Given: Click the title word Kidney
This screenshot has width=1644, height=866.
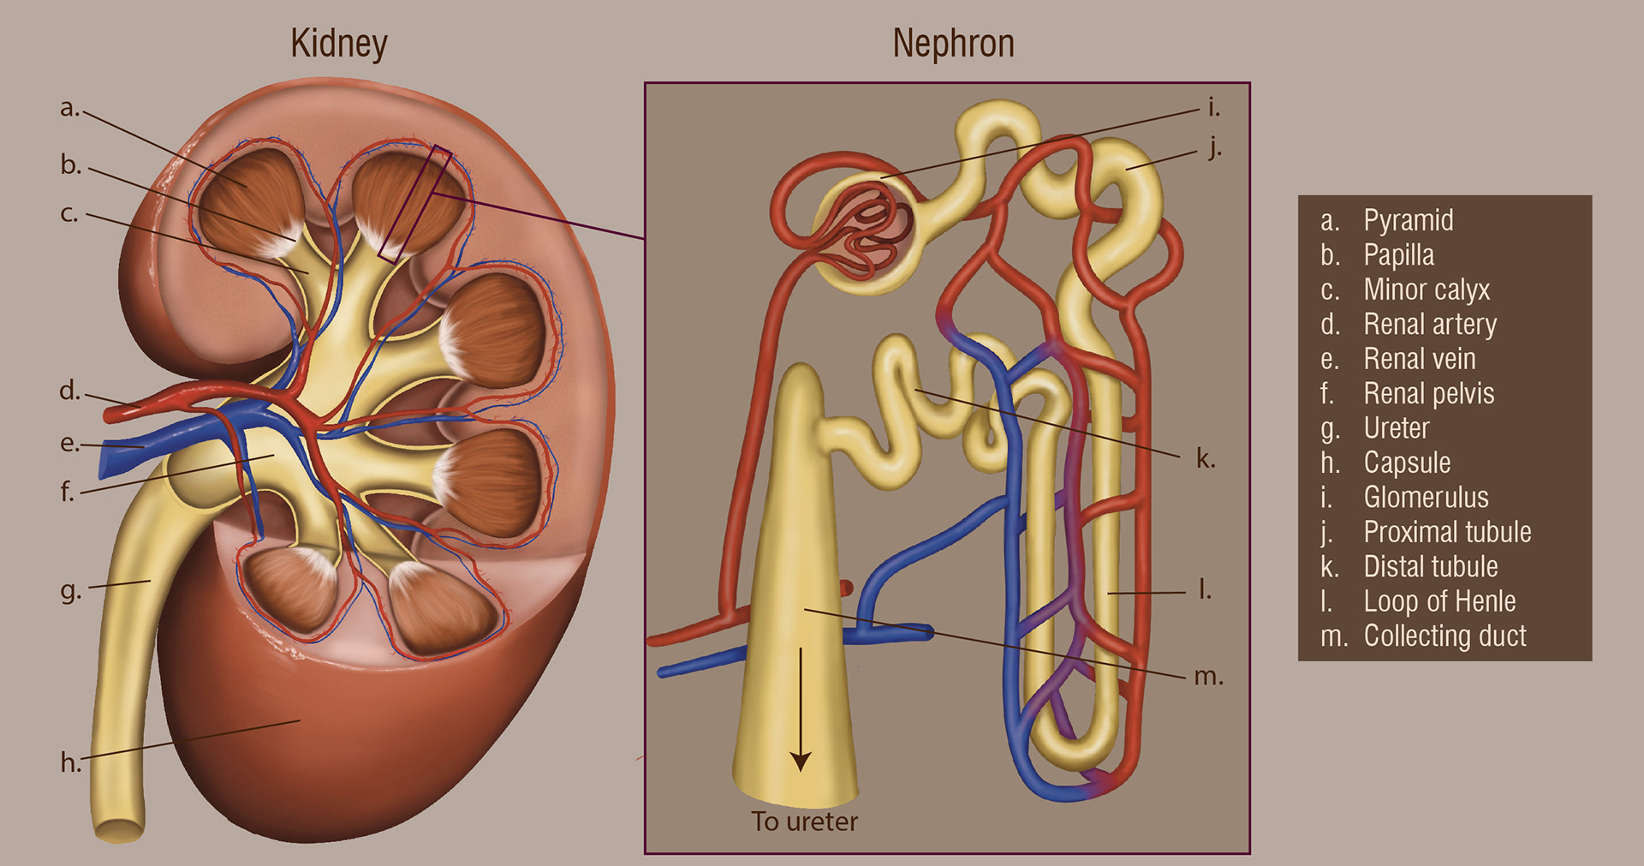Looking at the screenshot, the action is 338,44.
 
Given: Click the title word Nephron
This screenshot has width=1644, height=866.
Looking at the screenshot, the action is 953,44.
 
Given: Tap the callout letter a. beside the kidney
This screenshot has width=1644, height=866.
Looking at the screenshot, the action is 68,109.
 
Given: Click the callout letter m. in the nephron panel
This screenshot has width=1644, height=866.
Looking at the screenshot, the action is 1208,677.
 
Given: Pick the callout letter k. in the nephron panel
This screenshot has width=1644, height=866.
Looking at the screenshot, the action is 1206,459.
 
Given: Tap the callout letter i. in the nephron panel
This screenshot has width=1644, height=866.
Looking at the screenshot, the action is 1213,108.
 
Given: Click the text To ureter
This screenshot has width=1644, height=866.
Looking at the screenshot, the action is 804,821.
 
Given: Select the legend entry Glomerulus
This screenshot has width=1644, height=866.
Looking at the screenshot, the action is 1426,498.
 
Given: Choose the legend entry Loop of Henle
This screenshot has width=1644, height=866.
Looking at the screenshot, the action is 1439,601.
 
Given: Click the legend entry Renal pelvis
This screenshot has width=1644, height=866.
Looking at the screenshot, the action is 1428,394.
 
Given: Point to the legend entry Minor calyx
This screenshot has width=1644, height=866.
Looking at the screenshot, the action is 1427,290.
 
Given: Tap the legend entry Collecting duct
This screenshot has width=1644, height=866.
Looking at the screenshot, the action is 1444,636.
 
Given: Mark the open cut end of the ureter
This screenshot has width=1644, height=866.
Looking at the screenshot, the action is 119,830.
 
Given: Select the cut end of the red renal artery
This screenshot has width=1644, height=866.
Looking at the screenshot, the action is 110,415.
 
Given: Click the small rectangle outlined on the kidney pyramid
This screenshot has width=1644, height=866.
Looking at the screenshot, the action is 415,203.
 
